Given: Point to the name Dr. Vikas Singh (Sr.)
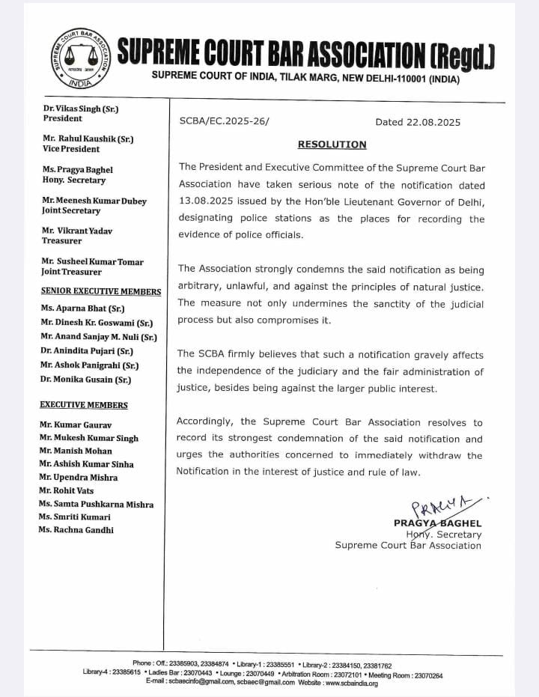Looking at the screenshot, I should (81, 109).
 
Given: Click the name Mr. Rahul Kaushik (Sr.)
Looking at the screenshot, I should (88, 139).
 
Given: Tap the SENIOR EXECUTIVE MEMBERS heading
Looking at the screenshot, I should (101, 291).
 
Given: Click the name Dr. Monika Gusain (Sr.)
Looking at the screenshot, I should (86, 380).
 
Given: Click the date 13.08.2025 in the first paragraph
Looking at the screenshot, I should (207, 202).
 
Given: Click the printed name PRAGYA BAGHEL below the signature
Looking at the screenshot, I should (437, 523).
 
